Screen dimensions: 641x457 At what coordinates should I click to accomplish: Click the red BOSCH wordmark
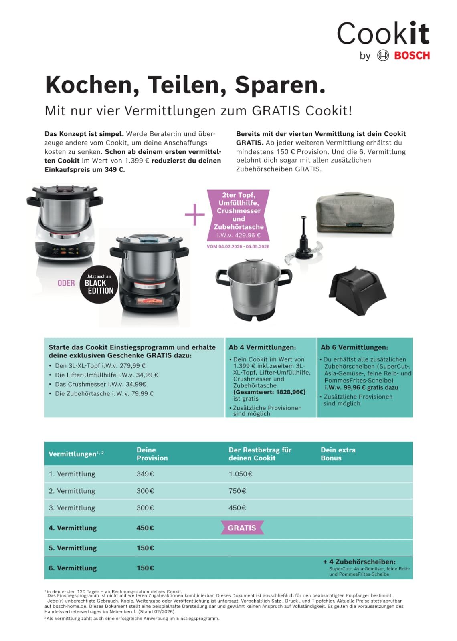pos(412,56)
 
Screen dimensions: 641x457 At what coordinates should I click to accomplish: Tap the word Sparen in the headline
pos(279,85)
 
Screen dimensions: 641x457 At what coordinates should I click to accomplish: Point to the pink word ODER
pos(66,283)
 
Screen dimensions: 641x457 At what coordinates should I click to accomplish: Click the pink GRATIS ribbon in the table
pos(242,528)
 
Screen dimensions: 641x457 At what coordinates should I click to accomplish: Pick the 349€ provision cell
pos(145,474)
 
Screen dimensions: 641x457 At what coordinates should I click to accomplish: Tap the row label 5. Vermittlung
pos(73,548)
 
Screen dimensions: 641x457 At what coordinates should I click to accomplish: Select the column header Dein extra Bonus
pos(338,454)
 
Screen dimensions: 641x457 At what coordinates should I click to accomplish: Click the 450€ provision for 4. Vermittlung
pos(145,528)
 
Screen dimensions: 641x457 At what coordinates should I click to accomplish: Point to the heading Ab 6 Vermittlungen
pos(354,347)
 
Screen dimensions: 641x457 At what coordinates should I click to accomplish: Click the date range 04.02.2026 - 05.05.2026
pos(238,246)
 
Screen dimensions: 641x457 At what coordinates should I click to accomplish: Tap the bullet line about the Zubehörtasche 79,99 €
pos(104,393)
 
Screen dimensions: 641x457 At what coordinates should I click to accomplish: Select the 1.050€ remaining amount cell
pos(241,474)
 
